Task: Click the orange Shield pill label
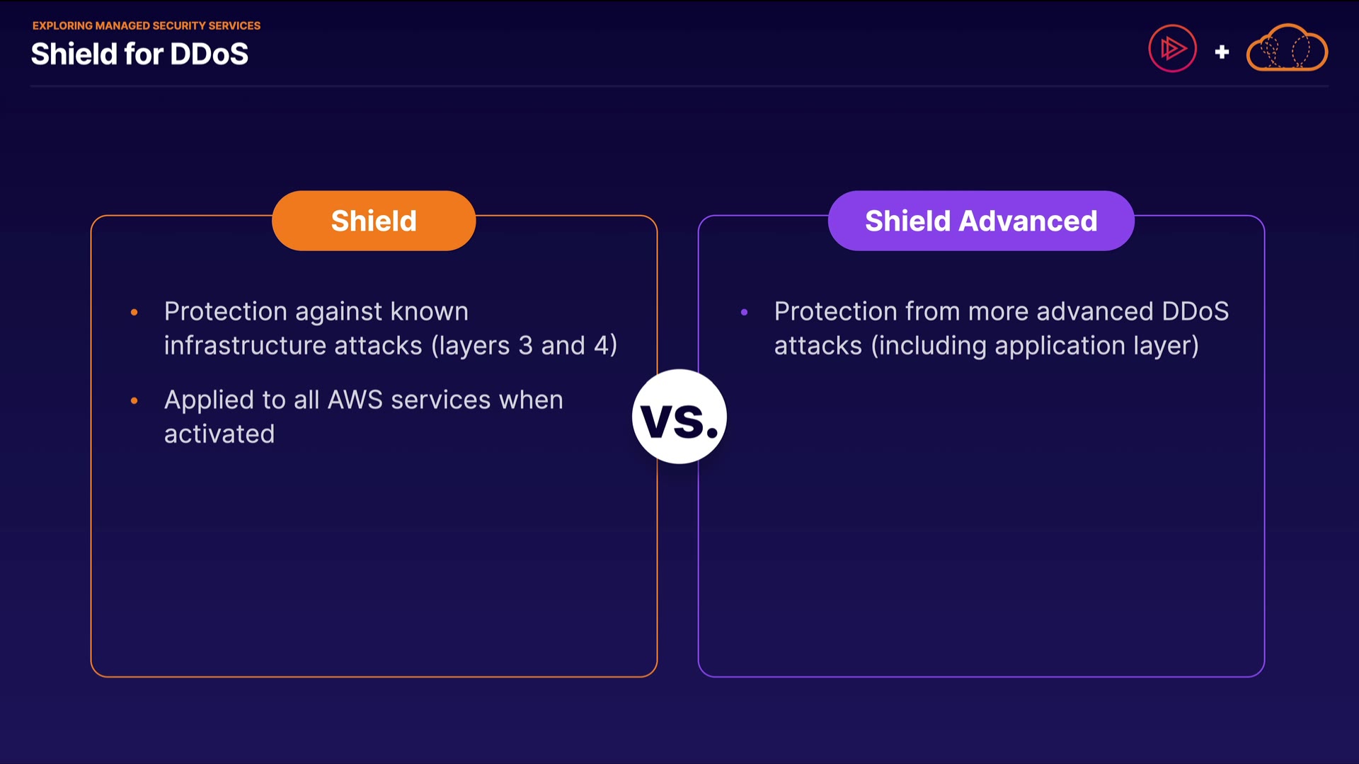374,221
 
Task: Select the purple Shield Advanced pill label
981,221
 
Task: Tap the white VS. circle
679,417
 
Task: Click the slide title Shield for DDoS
139,54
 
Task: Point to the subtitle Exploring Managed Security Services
147,25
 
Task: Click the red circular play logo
1172,48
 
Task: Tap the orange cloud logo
1287,47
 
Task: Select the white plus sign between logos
1222,52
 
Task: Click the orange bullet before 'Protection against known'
134,312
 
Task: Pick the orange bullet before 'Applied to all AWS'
134,400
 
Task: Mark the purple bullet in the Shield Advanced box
744,312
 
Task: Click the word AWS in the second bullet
355,400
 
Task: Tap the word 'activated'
219,434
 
